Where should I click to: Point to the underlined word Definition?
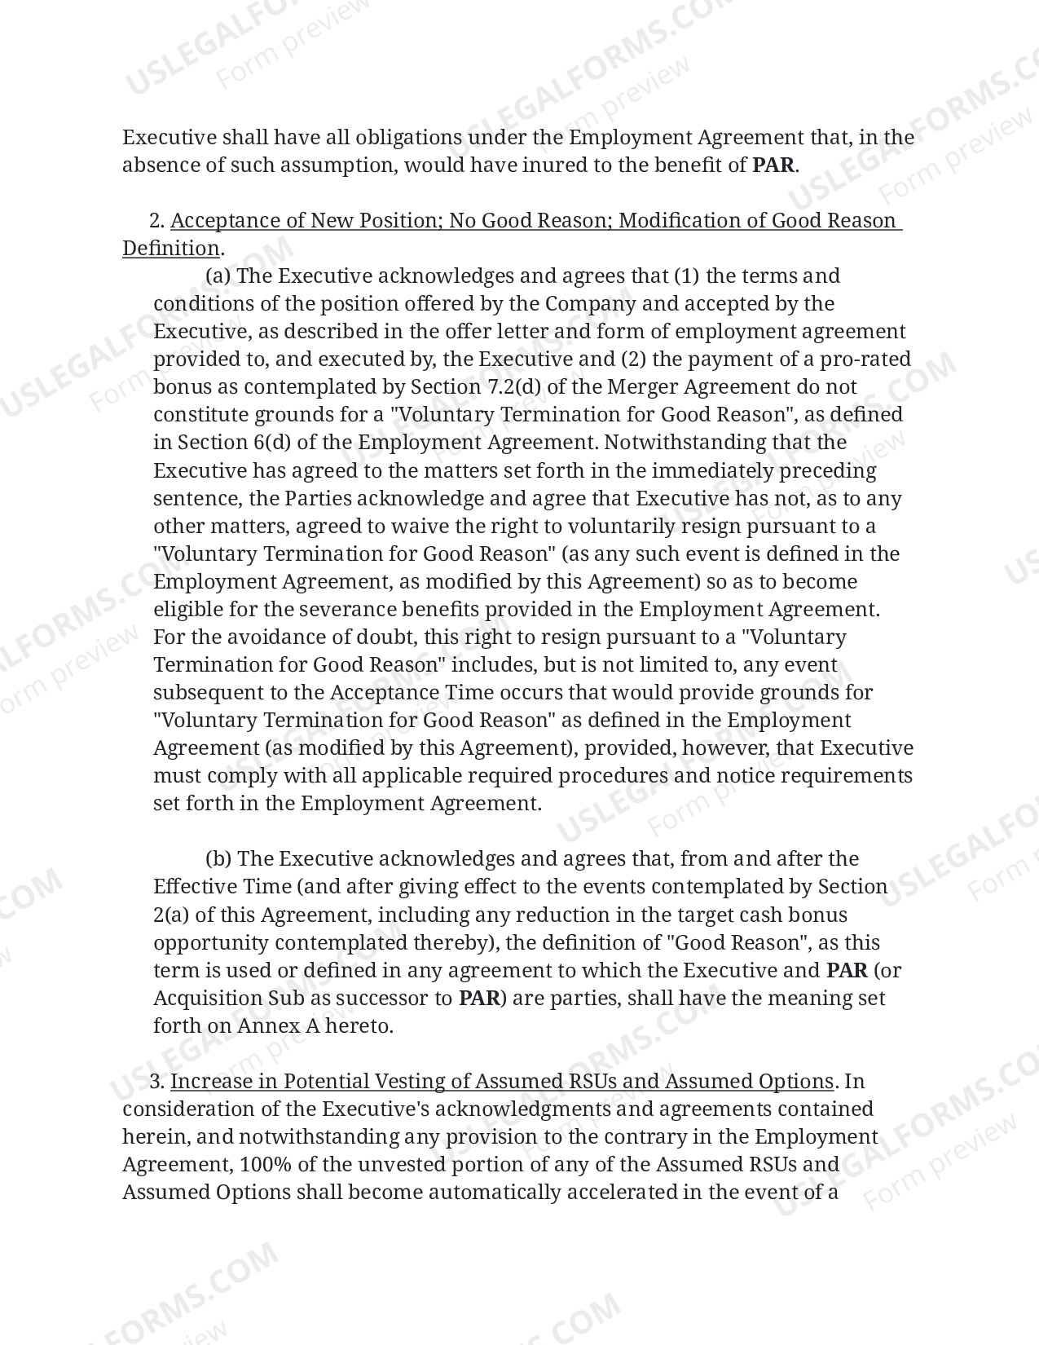point(171,249)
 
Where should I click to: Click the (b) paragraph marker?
point(218,859)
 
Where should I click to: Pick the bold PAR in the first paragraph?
point(773,165)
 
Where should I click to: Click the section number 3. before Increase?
point(158,1082)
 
